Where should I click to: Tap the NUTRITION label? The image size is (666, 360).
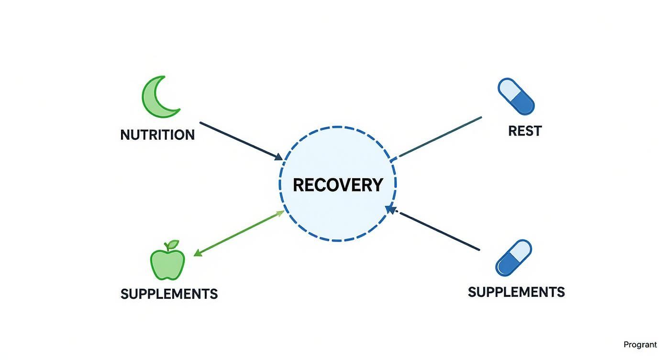tap(157, 135)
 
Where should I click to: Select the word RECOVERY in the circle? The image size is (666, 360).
tap(338, 185)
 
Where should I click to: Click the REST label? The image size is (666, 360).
tap(525, 131)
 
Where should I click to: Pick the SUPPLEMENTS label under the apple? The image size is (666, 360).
tap(169, 293)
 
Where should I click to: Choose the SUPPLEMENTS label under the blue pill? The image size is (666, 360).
tap(516, 292)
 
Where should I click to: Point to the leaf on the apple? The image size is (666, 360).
tap(173, 244)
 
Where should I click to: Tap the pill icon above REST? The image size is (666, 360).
tap(516, 96)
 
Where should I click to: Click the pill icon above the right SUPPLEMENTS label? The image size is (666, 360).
tap(513, 258)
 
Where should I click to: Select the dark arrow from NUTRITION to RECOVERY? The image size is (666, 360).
tap(239, 140)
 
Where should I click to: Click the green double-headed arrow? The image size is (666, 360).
tap(239, 233)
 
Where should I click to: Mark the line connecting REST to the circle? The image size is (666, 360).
tap(438, 137)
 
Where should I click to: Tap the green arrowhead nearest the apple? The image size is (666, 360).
tap(197, 254)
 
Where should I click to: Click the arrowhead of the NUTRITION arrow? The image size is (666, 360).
tap(278, 157)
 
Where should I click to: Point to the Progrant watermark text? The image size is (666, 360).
tap(640, 345)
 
